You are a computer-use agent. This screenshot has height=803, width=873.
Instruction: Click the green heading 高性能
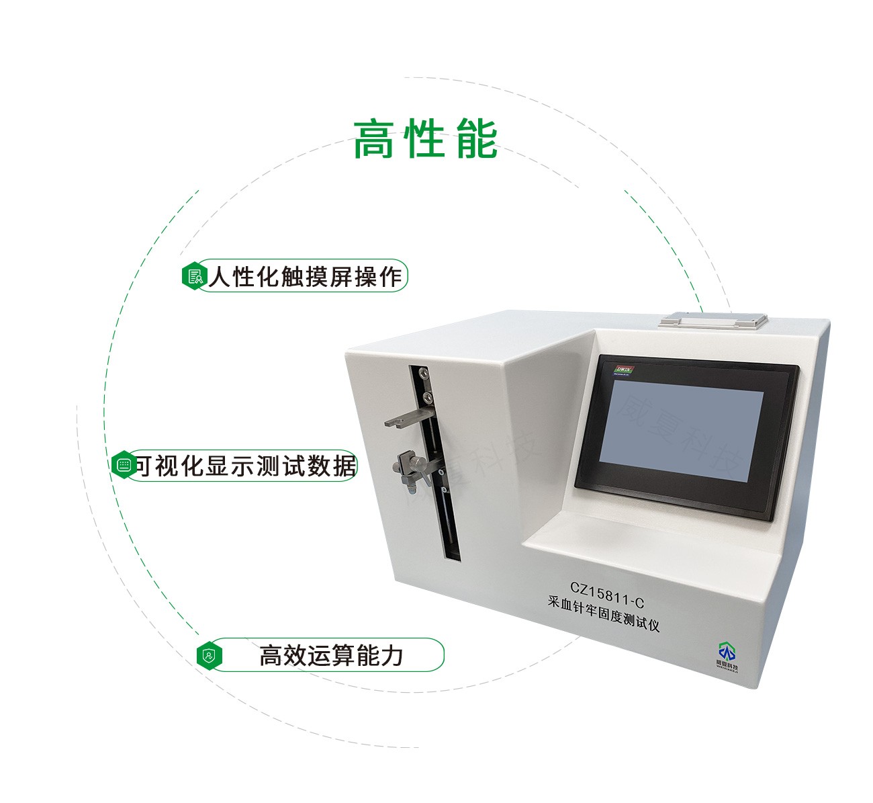[x=426, y=139]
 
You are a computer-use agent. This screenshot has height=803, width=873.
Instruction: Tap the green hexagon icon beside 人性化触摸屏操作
[x=194, y=276]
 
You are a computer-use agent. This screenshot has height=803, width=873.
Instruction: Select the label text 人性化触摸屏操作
[x=305, y=276]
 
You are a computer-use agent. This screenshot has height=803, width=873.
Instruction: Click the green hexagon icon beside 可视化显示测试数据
[x=124, y=465]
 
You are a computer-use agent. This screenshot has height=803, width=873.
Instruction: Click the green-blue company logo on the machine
[x=727, y=652]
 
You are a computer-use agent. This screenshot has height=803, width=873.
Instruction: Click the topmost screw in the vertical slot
[x=421, y=371]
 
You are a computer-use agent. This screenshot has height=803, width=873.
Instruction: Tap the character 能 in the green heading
[x=475, y=139]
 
